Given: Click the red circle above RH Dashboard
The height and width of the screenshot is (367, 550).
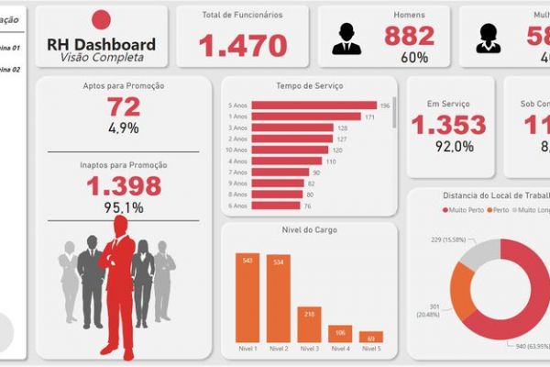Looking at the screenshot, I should [102, 19].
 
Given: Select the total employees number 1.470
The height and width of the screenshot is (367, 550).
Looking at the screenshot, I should [243, 45].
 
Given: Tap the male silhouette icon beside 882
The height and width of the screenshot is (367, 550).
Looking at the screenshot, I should [346, 38].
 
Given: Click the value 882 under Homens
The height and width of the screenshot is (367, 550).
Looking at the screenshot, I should [410, 36].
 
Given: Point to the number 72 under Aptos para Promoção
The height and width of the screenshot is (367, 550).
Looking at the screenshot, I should [124, 107].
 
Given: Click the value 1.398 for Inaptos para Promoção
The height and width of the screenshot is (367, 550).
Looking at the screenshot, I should [124, 186].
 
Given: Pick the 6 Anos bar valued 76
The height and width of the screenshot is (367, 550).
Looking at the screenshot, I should [276, 205].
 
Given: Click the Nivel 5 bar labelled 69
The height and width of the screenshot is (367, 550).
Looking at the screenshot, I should [370, 337].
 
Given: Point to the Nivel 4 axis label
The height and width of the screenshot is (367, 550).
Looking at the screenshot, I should [340, 350].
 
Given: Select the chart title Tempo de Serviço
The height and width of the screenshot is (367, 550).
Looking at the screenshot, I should [309, 86].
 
